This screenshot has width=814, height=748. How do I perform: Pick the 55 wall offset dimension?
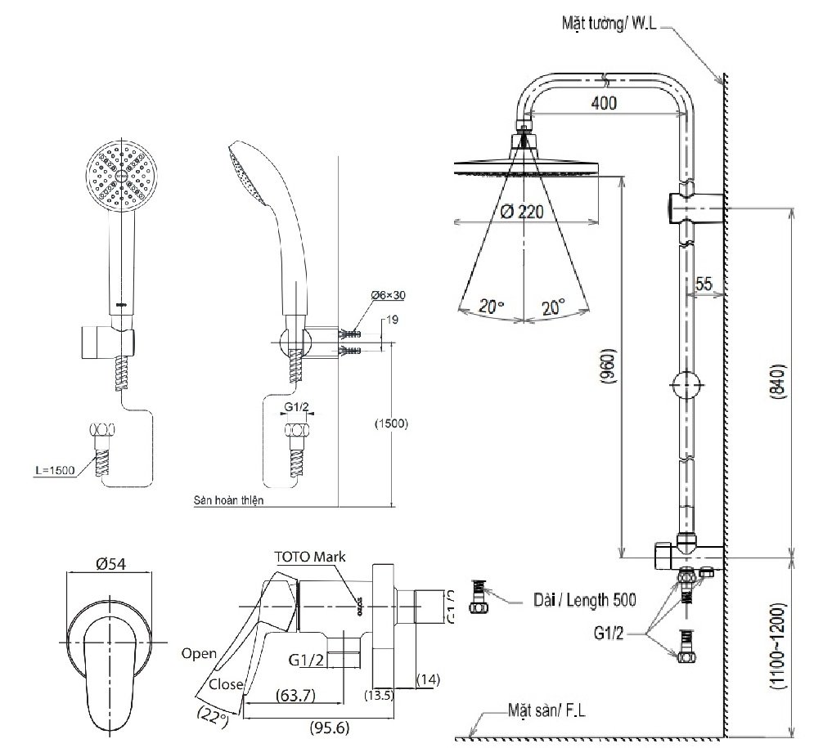coord(704,284)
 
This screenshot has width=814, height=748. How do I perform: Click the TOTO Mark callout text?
coord(310,556)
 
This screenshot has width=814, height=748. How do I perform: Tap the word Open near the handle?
coord(200,652)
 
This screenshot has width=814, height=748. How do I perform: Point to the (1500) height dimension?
coord(390,424)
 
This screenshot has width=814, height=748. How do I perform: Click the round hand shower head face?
coord(120,175)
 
